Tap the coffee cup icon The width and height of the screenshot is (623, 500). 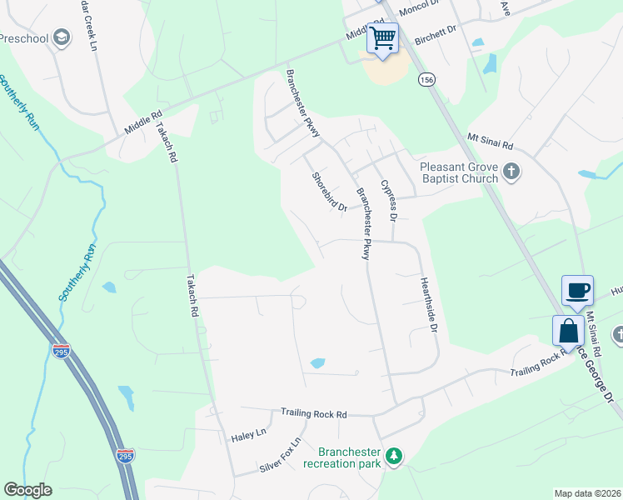pyautogui.click(x=578, y=291)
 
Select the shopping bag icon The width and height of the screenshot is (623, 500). pyautogui.click(x=568, y=331)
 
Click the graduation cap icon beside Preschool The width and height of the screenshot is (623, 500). pyautogui.click(x=61, y=37)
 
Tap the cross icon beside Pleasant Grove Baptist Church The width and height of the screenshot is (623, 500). pyautogui.click(x=511, y=172)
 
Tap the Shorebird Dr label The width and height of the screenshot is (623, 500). pyautogui.click(x=329, y=192)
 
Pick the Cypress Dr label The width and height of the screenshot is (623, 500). pyautogui.click(x=387, y=199)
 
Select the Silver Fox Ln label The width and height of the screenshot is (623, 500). pyautogui.click(x=280, y=457)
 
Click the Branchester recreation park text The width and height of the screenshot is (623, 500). pyautogui.click(x=349, y=457)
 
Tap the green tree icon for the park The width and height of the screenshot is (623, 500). pyautogui.click(x=393, y=456)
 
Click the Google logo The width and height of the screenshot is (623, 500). pyautogui.click(x=28, y=490)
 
